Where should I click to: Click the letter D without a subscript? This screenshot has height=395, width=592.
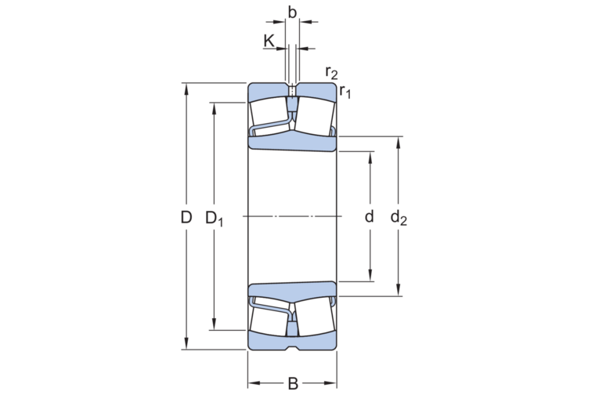coord(186,217)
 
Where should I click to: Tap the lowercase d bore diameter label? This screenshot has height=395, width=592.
coord(370,216)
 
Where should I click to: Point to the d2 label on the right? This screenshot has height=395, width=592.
coord(399,218)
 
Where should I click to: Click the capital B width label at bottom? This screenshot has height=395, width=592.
coord(292,383)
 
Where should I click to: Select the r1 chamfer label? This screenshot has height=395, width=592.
coord(345,92)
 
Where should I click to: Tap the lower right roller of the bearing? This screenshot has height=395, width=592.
coord(315,321)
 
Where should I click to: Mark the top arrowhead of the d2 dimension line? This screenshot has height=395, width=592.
coord(399,141)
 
